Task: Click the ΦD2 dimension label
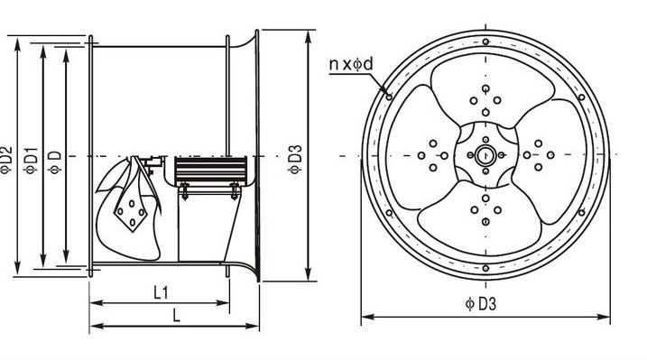(6, 161)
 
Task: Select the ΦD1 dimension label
(31, 161)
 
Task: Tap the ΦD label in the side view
(54, 162)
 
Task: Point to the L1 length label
(162, 293)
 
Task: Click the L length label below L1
(177, 316)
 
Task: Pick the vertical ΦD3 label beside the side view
(295, 160)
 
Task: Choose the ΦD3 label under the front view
(480, 304)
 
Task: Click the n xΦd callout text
(351, 64)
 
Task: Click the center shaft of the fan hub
(485, 155)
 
